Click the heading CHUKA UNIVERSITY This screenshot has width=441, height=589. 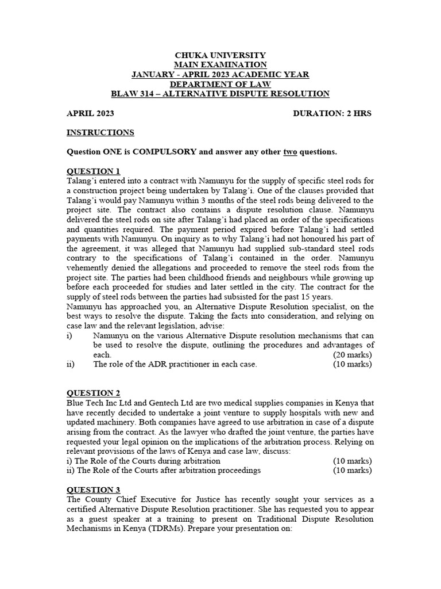[220, 55]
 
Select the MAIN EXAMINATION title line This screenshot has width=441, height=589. [220, 65]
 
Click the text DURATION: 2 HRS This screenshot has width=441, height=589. [332, 113]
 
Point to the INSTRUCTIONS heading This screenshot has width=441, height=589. [100, 132]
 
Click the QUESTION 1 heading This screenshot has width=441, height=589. [94, 171]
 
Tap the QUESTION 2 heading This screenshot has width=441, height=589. [94, 393]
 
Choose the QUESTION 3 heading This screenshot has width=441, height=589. [94, 490]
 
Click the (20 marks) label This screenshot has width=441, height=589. [353, 354]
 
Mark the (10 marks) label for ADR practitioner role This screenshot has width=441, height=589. [353, 364]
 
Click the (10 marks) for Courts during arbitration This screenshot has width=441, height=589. [353, 461]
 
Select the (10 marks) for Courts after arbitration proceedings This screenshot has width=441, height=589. [353, 471]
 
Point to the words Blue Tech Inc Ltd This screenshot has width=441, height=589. [100, 403]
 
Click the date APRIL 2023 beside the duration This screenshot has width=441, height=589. [91, 113]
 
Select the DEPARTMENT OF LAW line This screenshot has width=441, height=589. [220, 84]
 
